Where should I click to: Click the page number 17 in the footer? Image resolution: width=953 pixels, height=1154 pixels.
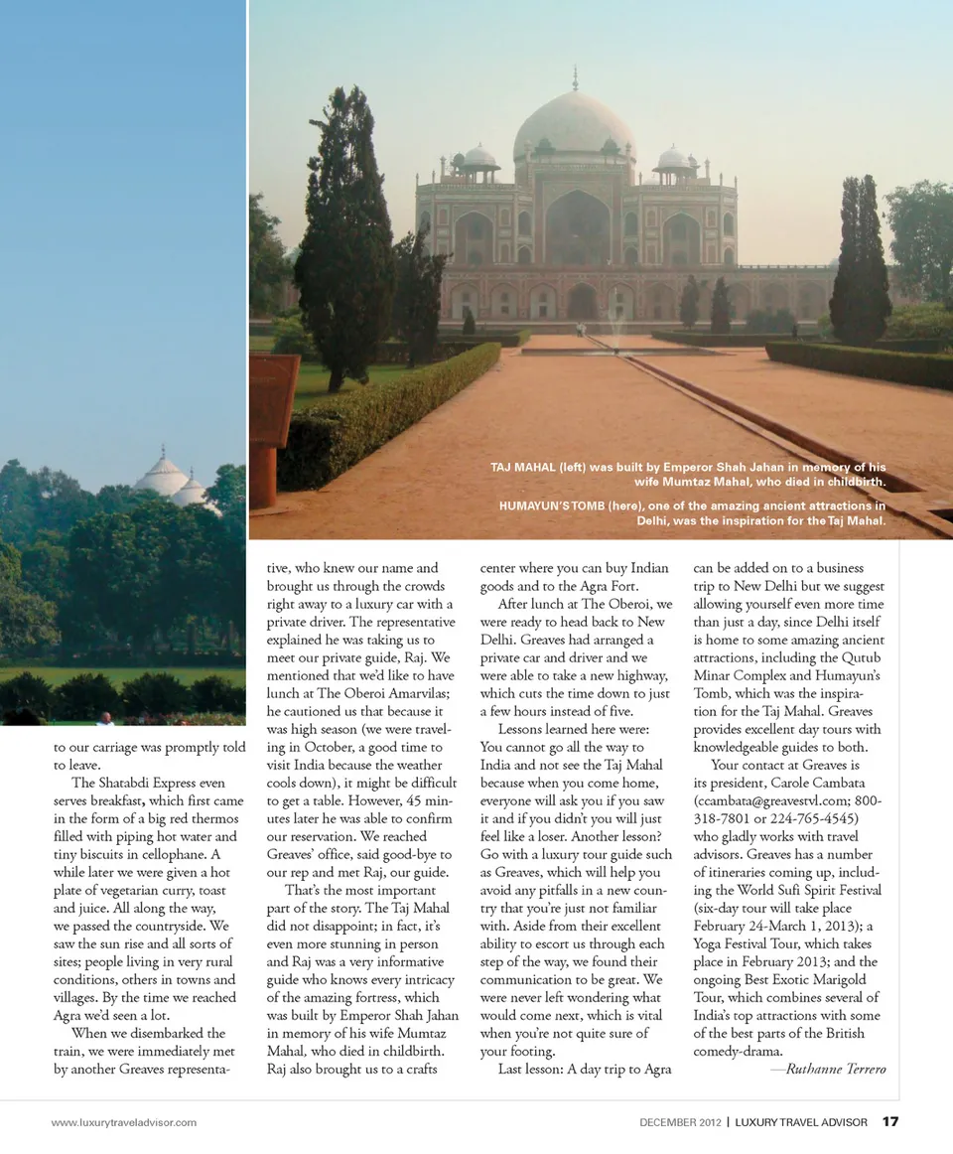coord(890,1122)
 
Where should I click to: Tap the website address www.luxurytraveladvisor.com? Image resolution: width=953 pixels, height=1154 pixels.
coord(124,1123)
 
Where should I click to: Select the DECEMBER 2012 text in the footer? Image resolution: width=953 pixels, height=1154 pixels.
coord(680,1123)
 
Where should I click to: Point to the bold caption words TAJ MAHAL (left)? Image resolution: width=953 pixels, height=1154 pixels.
coord(545,467)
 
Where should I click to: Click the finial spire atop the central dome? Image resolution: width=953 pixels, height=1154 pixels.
coord(574,77)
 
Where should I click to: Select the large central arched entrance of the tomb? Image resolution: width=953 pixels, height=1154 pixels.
coord(578,227)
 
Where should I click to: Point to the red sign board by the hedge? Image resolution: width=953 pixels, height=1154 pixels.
coord(273,397)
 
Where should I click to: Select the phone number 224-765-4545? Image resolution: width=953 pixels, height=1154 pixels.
coord(804,818)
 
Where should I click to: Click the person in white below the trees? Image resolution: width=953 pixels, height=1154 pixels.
coord(104,718)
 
